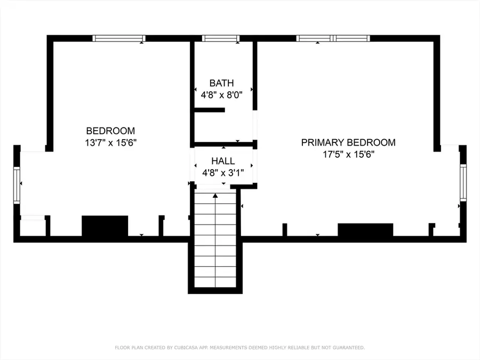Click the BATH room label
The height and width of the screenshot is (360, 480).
coord(222,83)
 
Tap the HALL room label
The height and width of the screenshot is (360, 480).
coord(223,161)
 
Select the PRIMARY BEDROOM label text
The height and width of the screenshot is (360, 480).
coord(348,142)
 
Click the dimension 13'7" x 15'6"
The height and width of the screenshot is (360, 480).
coord(110,142)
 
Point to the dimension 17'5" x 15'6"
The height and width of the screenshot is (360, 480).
coord(349,154)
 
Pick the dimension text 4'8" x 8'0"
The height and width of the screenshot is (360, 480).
coord(222,95)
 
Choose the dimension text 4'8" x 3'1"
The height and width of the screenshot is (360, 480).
coord(223,173)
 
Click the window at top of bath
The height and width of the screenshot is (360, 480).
coord(221,38)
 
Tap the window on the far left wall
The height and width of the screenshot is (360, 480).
coord(17,185)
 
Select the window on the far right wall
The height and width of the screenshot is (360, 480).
coord(463,183)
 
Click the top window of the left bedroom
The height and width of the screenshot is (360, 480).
coord(119,38)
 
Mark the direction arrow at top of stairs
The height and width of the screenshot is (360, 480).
coord(215,196)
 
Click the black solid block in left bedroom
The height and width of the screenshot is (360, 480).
coord(105,226)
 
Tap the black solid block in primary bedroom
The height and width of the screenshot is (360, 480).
coord(365,230)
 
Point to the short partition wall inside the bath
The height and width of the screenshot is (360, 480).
coord(210,110)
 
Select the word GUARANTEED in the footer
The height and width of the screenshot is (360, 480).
coord(349,348)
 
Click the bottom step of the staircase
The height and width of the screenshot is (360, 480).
coord(215,282)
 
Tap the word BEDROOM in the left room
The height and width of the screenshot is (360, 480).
coord(110,131)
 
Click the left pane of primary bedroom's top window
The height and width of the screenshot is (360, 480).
coord(314,38)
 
